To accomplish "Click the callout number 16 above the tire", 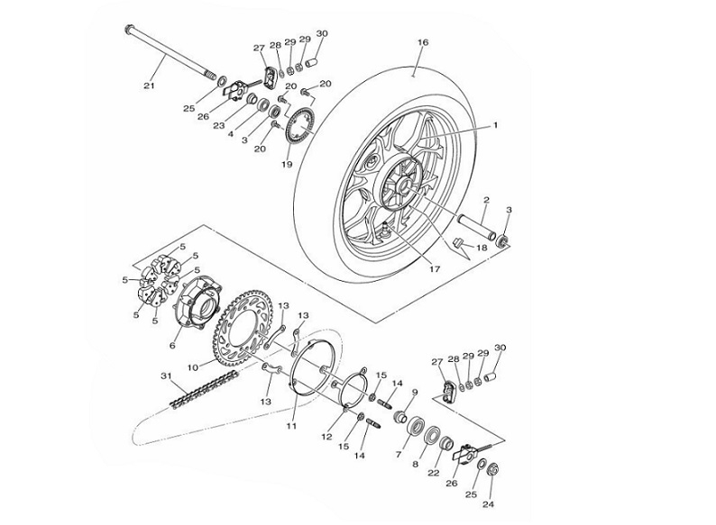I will point(423,42).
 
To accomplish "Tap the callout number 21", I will point(150,86).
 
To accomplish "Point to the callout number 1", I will point(495,127).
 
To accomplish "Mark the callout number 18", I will point(482,247).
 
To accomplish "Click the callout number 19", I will point(287,165).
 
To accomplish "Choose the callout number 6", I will point(173,344).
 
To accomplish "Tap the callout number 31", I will point(166,376).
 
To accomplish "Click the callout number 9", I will point(414,392).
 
